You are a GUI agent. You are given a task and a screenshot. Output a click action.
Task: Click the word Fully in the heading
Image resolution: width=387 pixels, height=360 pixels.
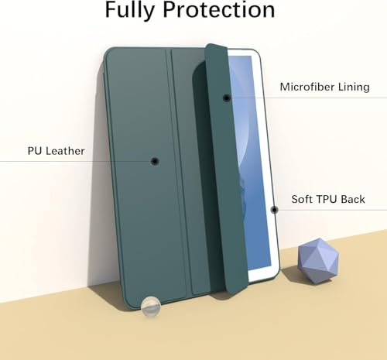pos(130,10)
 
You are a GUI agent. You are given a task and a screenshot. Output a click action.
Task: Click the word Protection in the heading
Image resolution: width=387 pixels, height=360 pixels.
pos(219,10)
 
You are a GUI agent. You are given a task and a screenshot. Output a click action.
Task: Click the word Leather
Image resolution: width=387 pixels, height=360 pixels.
pos(65,151)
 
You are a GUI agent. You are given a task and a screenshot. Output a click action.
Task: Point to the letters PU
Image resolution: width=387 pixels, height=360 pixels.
pos(35,151)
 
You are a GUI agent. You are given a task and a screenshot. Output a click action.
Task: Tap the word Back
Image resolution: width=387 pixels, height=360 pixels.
pos(353,199)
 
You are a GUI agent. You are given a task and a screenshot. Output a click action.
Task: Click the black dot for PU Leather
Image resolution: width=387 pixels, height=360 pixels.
pos(155,161)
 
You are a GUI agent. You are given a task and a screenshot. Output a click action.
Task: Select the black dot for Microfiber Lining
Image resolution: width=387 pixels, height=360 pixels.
pos(227,98)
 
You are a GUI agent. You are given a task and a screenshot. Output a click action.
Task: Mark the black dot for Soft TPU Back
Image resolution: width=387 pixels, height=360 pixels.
pos(274,210)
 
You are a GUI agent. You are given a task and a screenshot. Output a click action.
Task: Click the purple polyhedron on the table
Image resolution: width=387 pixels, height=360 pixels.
pos(318,261)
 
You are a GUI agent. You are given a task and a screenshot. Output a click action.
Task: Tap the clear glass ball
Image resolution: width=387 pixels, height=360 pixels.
pos(151,306)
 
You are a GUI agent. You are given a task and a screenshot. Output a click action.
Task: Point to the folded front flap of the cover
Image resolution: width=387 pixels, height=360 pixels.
pos(224,168)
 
